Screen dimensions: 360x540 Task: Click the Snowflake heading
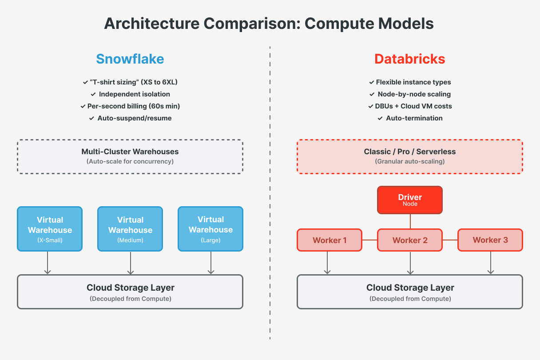(x=130, y=59)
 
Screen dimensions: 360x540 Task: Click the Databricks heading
(x=409, y=59)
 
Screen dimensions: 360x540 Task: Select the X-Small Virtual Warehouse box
(x=50, y=229)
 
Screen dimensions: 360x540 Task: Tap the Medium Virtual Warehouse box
(x=130, y=229)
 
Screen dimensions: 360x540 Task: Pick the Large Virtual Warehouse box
(x=210, y=229)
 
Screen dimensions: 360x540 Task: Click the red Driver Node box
(x=410, y=200)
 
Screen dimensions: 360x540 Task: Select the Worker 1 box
(x=330, y=240)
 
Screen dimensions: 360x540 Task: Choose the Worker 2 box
(x=410, y=240)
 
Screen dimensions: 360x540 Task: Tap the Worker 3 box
(x=490, y=240)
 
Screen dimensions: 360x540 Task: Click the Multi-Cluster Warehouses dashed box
(x=130, y=156)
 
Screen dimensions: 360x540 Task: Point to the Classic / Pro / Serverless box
(x=410, y=156)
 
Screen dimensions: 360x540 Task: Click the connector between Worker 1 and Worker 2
(x=370, y=240)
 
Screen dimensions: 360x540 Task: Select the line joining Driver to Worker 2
(x=410, y=221)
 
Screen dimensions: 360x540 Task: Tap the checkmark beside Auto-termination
(x=380, y=118)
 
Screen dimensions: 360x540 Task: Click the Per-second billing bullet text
(x=134, y=106)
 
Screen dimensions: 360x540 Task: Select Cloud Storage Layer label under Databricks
(x=410, y=288)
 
